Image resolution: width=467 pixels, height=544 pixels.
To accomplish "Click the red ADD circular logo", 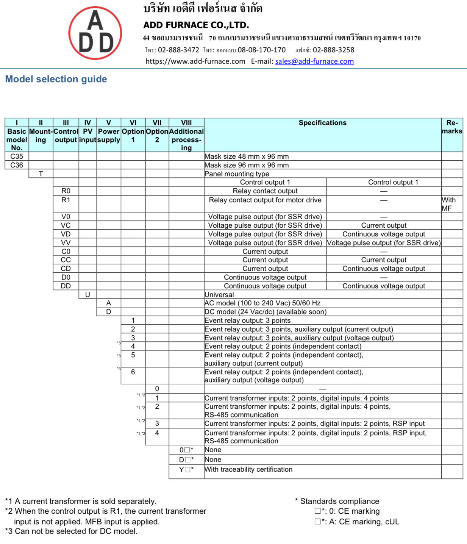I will [95, 33].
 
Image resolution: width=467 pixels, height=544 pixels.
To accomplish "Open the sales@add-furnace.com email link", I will [314, 61].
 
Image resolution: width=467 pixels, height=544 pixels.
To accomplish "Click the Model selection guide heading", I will [56, 79].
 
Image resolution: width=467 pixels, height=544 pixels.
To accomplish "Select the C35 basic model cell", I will [17, 156].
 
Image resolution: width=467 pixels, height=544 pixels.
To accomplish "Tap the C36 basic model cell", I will [17, 165].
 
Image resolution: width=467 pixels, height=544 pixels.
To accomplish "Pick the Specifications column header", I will [322, 123].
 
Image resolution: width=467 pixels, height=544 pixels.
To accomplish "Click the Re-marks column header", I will [452, 127].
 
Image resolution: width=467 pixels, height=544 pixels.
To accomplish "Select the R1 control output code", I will [66, 200].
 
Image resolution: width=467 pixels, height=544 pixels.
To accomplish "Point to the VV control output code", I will [66, 243].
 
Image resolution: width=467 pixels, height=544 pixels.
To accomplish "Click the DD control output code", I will [66, 286].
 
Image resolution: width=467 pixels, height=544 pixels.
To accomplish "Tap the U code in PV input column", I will [87, 295].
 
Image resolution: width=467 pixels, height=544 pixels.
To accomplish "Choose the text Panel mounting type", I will [237, 174].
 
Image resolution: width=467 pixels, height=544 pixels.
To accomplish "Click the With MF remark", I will [448, 204].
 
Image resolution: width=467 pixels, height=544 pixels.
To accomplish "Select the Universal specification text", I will [219, 295].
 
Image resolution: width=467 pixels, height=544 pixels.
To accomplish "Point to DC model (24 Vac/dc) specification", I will [265, 312].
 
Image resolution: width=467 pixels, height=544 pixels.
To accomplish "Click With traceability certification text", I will [248, 469].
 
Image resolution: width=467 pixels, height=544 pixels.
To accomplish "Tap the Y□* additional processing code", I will [186, 470].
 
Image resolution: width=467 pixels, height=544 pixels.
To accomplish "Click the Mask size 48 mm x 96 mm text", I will [247, 156].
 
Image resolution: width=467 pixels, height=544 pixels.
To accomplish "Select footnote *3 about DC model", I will [71, 531].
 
